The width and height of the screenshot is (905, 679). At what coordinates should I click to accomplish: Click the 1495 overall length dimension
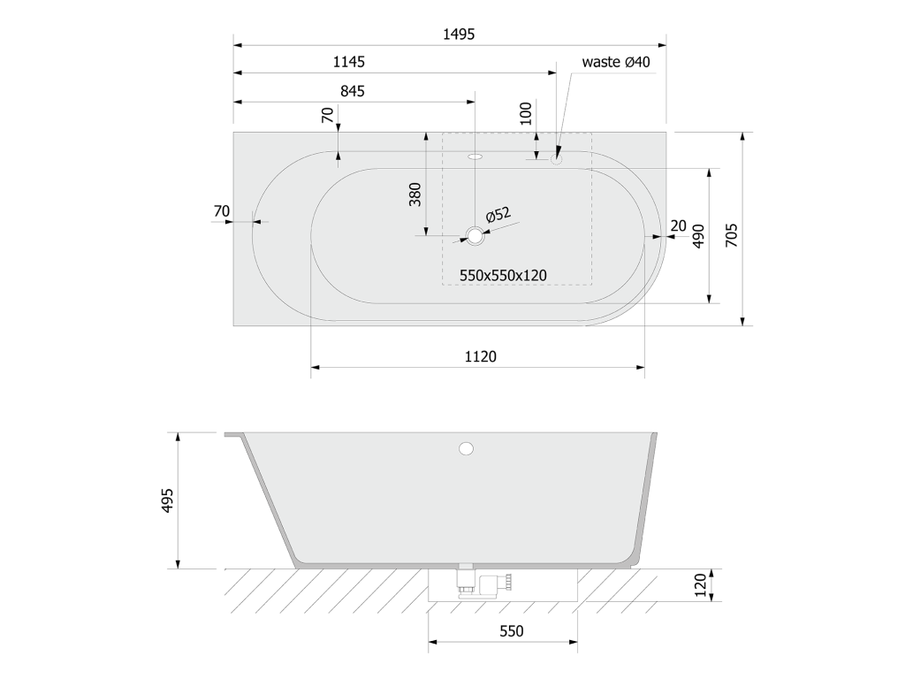(x=459, y=34)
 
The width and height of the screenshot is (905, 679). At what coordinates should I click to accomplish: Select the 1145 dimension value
(x=348, y=62)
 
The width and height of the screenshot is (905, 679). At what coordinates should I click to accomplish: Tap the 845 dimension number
(x=353, y=91)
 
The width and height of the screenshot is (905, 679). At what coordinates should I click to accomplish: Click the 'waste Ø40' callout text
(x=616, y=62)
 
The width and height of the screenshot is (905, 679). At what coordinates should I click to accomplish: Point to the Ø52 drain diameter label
(x=498, y=215)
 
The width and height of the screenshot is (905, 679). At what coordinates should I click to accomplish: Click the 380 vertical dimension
(x=415, y=195)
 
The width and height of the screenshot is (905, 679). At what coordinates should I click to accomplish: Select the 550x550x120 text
(x=503, y=276)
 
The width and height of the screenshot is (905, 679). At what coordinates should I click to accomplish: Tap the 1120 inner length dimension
(x=481, y=357)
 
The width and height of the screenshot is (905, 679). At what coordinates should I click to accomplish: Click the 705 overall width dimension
(x=731, y=235)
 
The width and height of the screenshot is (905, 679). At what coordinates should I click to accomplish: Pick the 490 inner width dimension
(x=698, y=236)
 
